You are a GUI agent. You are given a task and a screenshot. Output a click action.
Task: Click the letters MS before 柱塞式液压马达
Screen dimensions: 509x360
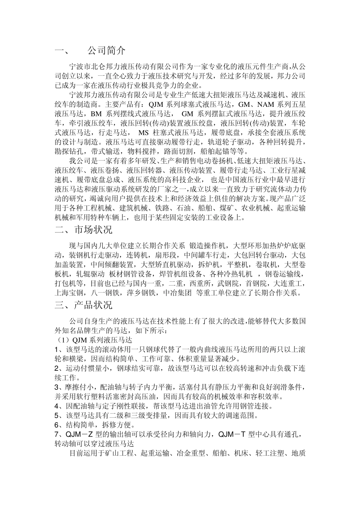click(144, 133)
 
